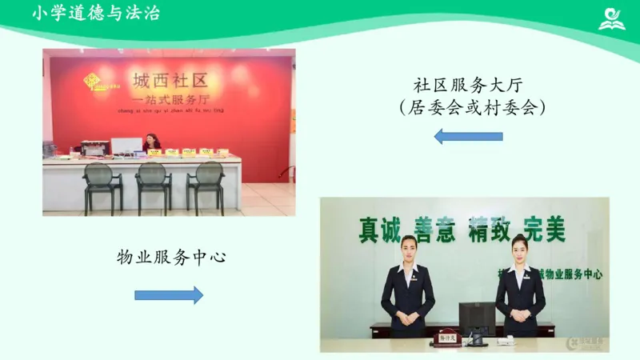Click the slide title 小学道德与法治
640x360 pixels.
coord(97,14)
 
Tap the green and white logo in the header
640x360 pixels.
coord(612,17)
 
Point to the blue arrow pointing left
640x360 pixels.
coord(468,136)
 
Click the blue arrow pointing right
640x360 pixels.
coord(169,295)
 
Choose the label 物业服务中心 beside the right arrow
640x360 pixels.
coord(171,257)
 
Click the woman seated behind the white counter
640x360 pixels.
coord(152,143)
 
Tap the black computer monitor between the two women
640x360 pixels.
coord(478,317)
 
